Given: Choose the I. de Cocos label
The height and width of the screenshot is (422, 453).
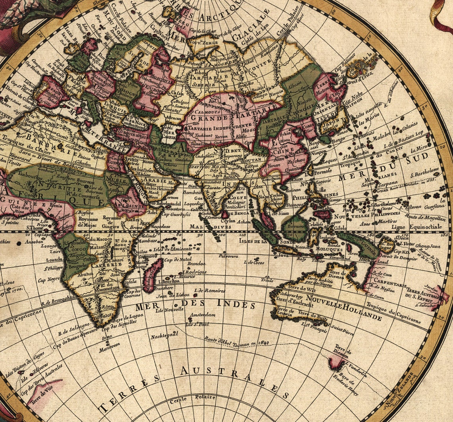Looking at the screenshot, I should coord(254,263).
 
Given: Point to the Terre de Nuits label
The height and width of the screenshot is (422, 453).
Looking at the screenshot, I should coord(314,316).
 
